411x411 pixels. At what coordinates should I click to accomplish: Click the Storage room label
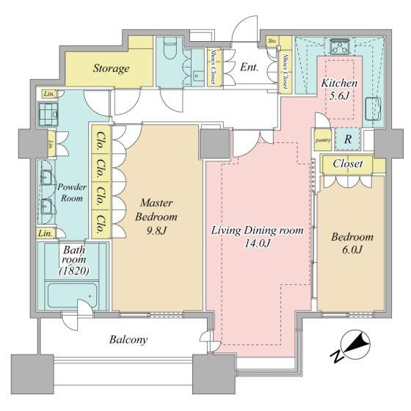coord(111,69)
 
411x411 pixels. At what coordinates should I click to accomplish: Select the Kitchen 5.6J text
coord(339,90)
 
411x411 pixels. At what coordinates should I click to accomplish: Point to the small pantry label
coord(321,138)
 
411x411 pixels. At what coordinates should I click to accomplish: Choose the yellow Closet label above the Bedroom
coord(347,164)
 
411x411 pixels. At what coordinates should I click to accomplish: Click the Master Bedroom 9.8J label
coord(156,217)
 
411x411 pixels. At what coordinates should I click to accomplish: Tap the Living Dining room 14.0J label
coord(257,236)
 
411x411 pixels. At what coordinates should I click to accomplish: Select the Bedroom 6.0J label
coord(352,244)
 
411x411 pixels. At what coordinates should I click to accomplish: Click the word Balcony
coord(129,340)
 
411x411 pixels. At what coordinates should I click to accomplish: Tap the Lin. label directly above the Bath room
coord(46,233)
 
